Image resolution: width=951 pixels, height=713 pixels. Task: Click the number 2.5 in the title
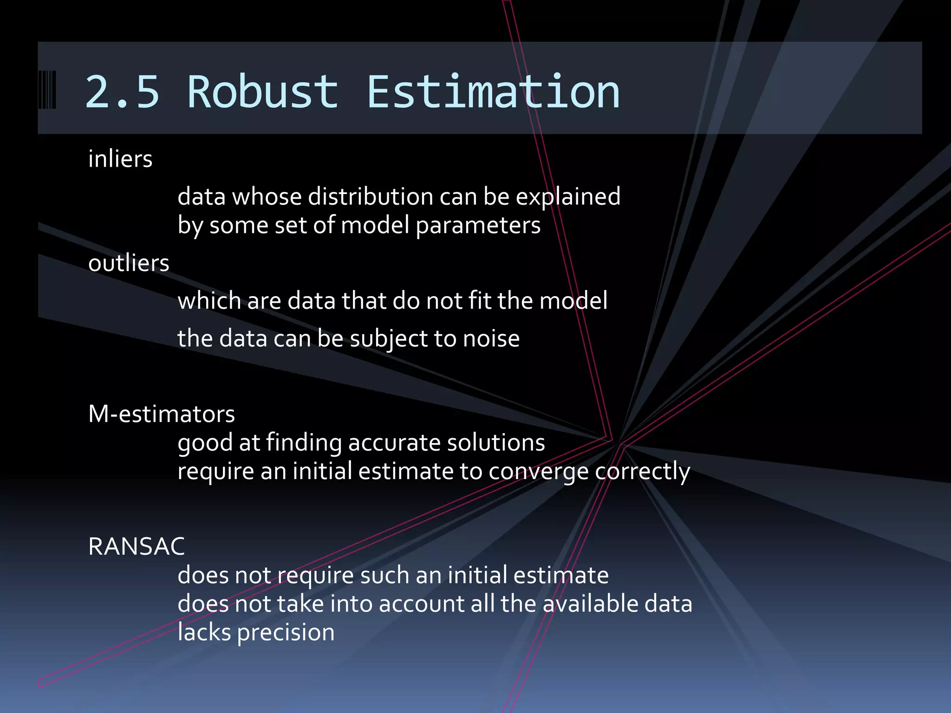122,92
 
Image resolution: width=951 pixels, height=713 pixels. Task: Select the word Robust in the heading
262,92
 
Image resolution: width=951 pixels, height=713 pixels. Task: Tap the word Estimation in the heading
493,92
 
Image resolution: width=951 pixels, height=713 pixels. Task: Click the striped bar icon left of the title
47,90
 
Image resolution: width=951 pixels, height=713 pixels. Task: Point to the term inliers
120,159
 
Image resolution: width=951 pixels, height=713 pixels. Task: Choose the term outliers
129,263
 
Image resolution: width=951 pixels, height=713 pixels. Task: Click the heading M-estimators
162,414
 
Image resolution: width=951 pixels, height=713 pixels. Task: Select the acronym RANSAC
137,546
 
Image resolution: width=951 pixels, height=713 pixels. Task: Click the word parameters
478,226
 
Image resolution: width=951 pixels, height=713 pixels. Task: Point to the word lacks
204,632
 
